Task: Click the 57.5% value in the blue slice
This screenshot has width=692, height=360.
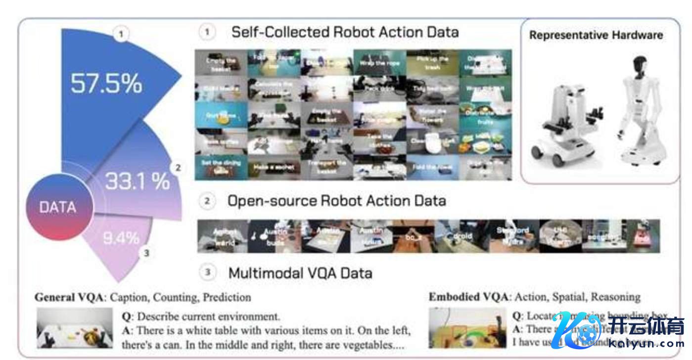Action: click(x=106, y=84)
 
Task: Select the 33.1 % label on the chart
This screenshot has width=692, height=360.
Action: click(x=138, y=182)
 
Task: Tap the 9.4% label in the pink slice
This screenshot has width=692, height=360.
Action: click(x=121, y=238)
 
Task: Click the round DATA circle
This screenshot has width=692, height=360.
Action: click(x=57, y=207)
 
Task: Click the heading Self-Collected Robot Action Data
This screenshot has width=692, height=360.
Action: click(x=345, y=33)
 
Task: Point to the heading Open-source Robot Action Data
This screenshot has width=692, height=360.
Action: click(x=336, y=201)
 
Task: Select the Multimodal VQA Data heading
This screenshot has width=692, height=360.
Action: click(x=300, y=272)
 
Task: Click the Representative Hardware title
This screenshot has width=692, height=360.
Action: click(x=596, y=35)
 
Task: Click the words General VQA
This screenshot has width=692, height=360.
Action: click(x=69, y=298)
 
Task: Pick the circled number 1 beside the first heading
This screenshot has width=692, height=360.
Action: click(x=207, y=33)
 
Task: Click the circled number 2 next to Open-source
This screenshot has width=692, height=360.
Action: click(x=207, y=201)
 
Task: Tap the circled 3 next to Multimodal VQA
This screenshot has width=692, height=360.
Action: click(x=207, y=272)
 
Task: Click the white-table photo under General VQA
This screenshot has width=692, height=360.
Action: click(x=75, y=329)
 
